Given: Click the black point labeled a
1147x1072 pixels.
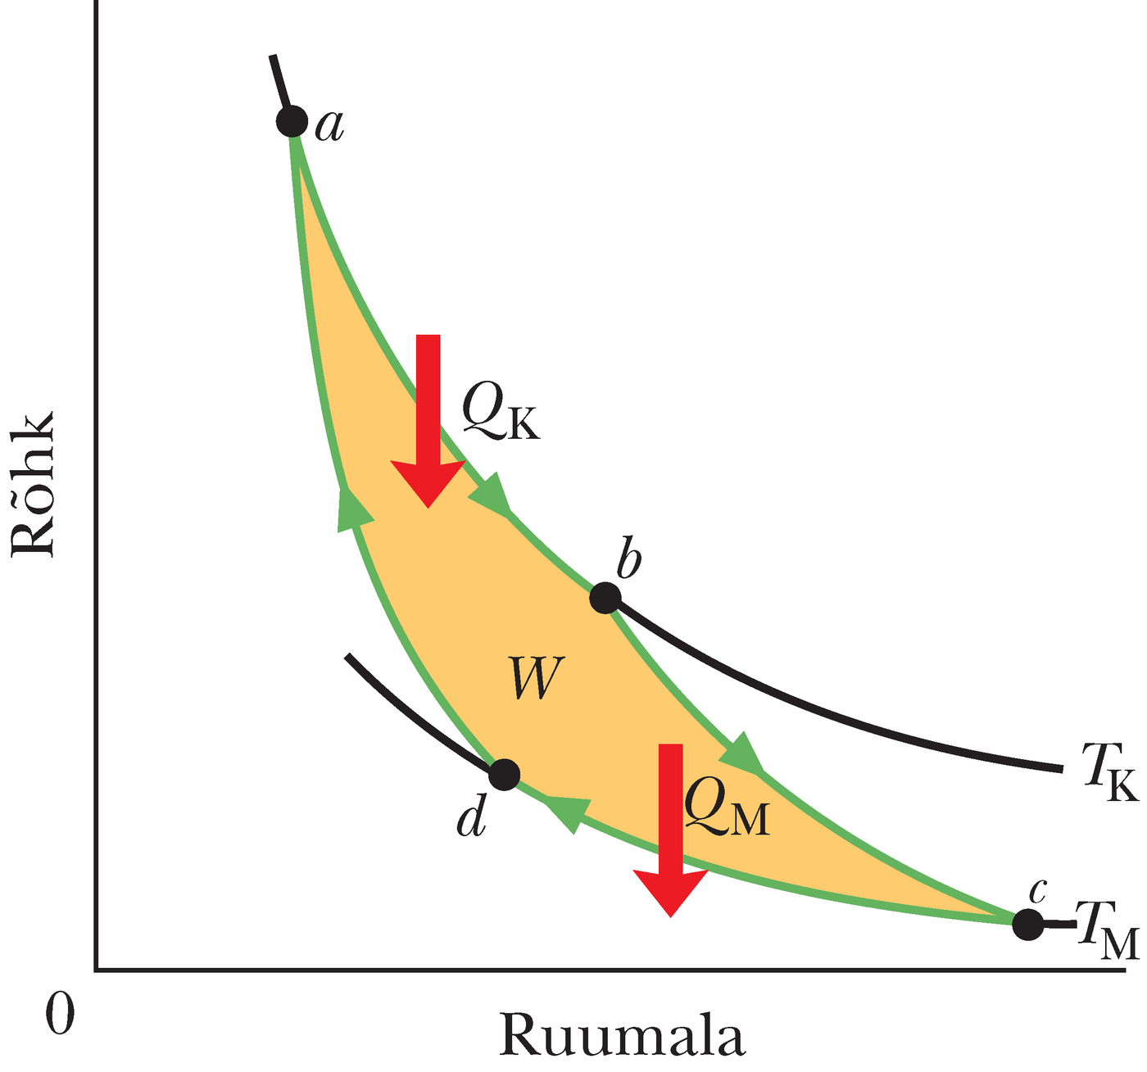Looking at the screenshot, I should (291, 121).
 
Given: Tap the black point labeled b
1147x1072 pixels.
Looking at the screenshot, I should (605, 598).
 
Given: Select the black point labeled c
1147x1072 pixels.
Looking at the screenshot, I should (1027, 924).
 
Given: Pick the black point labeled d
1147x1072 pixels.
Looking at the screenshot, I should (504, 774).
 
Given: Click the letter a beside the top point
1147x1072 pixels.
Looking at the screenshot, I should (329, 125).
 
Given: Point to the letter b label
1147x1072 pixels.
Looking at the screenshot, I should (629, 559).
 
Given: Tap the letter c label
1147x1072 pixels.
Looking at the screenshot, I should (1037, 890).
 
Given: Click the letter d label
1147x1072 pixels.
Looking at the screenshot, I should (472, 816).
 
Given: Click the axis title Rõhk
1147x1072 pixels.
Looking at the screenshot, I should (33, 485).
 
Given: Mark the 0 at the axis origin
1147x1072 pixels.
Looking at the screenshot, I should (60, 1013).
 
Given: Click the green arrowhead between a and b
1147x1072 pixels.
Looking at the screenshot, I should (492, 495).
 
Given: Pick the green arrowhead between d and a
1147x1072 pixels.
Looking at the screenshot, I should (352, 508).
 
